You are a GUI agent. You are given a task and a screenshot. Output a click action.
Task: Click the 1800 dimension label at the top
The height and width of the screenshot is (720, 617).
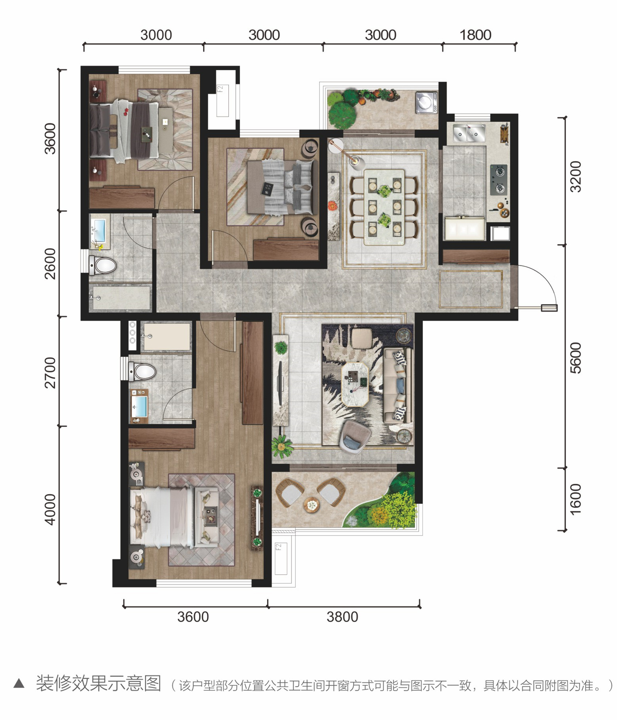(x=475, y=35)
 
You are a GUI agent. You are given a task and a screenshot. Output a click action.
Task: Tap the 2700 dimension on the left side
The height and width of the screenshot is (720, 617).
(x=50, y=372)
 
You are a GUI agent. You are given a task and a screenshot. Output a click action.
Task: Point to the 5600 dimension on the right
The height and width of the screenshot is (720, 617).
(x=576, y=358)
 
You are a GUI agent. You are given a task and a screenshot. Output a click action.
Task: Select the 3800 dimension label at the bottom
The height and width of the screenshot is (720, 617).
(x=342, y=617)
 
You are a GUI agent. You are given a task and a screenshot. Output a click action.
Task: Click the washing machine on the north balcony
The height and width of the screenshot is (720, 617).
(x=426, y=102)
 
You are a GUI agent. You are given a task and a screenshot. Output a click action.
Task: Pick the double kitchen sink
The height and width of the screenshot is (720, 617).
(x=469, y=133)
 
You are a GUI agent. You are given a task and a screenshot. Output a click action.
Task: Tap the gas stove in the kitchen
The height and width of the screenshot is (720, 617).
(x=499, y=180)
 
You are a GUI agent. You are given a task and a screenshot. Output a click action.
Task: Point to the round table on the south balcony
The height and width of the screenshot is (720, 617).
(x=312, y=505)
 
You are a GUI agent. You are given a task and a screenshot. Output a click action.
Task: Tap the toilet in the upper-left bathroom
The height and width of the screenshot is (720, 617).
(x=102, y=265)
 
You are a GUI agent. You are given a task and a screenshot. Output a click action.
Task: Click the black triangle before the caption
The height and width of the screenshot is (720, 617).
(x=19, y=684)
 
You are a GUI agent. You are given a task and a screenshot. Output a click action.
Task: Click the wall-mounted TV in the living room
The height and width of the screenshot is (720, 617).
(x=280, y=382)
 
